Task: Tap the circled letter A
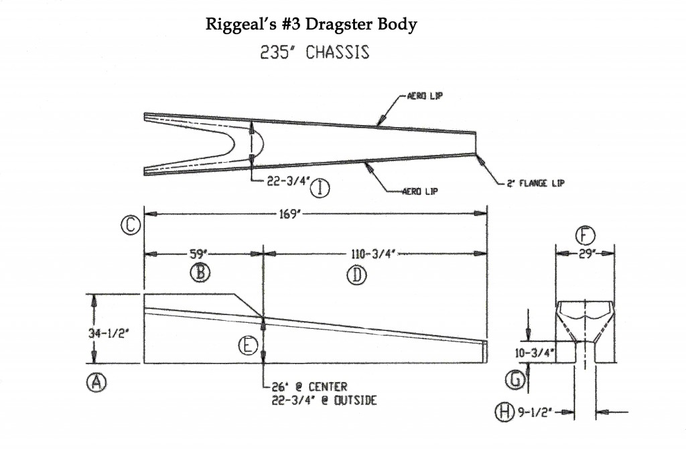(96, 382)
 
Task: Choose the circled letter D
(354, 274)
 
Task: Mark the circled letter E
(248, 346)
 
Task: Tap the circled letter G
(514, 380)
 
